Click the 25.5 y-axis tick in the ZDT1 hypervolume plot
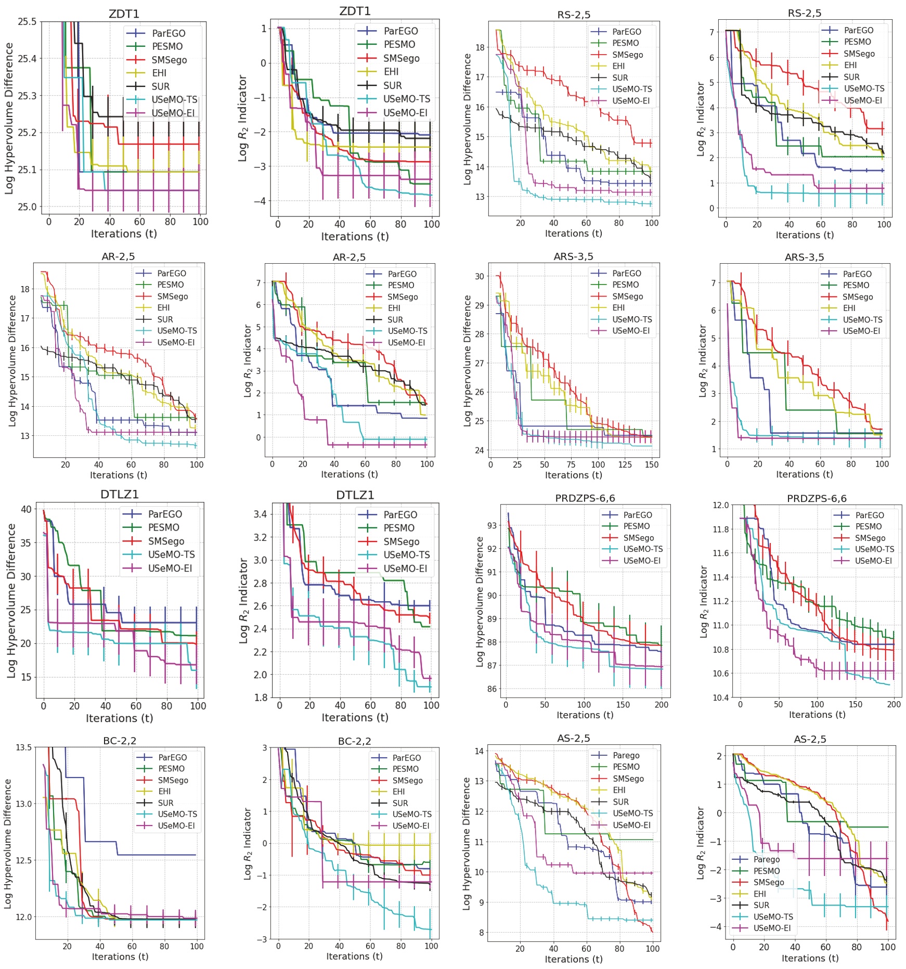[x=27, y=22]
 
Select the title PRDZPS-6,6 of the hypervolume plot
[x=585, y=498]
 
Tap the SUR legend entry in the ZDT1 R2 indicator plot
[x=392, y=85]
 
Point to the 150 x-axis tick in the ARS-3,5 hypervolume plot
[x=651, y=464]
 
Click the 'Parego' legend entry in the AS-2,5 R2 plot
[x=766, y=860]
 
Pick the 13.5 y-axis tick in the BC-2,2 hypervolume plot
[x=23, y=747]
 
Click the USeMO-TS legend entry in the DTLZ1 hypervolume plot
[x=171, y=554]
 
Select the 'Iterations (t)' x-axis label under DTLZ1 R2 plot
[x=355, y=717]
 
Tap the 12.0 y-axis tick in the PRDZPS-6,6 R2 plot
[x=720, y=505]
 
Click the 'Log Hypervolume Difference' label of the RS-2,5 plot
[x=467, y=119]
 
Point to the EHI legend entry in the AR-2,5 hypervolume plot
[x=163, y=308]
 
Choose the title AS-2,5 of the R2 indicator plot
[x=810, y=739]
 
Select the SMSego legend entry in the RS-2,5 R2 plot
[x=859, y=54]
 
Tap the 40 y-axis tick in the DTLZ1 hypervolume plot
[x=26, y=509]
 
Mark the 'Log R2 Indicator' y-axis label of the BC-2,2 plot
[x=248, y=844]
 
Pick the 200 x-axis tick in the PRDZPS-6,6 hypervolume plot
[x=661, y=705]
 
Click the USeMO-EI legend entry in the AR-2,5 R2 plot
[x=406, y=343]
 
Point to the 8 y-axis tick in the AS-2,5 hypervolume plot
[x=480, y=933]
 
